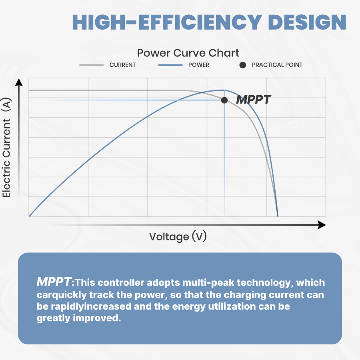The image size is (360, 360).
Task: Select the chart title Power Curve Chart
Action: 188,53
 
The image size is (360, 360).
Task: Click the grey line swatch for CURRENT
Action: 92,65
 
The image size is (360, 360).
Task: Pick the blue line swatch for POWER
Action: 170,65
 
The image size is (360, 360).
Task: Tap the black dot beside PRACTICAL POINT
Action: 242,65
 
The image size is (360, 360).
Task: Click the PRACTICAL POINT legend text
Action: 277,65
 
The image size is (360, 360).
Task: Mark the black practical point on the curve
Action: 224,100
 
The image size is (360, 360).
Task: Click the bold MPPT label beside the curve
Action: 253,100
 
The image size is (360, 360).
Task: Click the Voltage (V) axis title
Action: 178,236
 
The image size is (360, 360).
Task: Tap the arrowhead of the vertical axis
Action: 18,82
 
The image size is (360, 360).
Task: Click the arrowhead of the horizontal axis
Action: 322,225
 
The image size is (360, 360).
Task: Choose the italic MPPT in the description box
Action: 54,282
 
